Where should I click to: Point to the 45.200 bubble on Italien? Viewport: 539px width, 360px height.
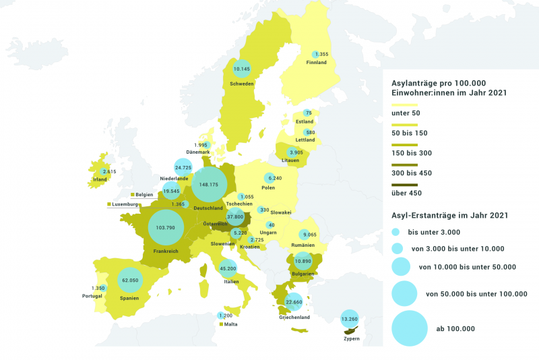tap(228, 268)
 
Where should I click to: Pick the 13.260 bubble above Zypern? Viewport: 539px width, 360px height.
tap(349, 319)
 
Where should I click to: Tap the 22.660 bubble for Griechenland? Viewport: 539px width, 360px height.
tap(293, 303)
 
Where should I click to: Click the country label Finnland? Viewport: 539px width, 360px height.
tap(316, 63)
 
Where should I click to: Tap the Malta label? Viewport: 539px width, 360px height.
tap(231, 324)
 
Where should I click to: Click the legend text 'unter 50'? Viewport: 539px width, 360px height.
tap(406, 113)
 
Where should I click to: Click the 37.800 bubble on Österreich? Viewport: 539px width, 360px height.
tap(235, 217)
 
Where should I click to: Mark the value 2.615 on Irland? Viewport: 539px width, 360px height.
tap(109, 172)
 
